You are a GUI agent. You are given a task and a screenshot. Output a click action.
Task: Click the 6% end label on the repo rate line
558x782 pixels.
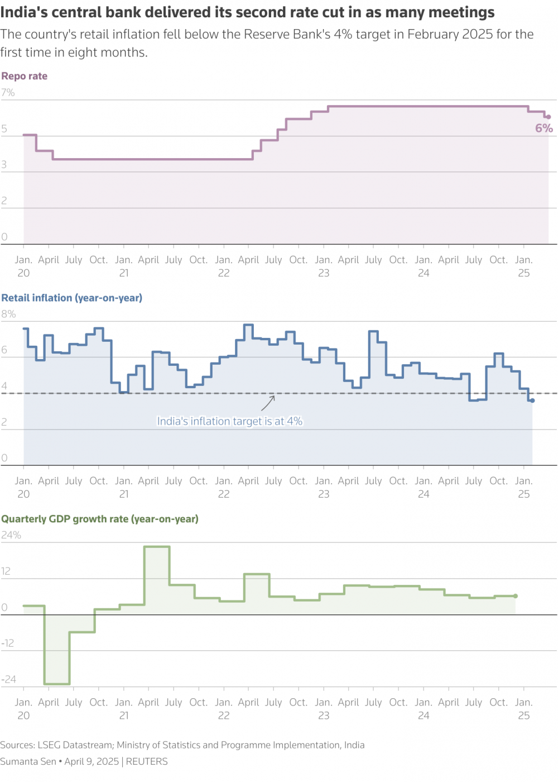[x=544, y=128]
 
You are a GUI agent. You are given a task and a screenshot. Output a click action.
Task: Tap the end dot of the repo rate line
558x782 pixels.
[x=549, y=117]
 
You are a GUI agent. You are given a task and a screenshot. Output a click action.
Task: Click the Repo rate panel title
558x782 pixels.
[x=25, y=77]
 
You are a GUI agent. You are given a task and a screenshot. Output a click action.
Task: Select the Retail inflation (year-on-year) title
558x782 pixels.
[x=72, y=298]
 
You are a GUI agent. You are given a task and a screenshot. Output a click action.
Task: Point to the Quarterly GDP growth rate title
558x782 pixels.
[x=100, y=519]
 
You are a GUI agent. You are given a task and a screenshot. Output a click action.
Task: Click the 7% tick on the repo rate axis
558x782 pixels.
[x=8, y=93]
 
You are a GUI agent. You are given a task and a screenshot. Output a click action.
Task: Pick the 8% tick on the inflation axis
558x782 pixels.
[x=8, y=314]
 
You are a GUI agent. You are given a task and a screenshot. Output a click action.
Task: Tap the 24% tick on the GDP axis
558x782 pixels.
[x=11, y=535]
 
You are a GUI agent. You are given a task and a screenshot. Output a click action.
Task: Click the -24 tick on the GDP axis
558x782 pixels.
[x=9, y=680]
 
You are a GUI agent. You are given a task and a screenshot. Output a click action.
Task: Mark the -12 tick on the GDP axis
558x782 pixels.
[x=8, y=643]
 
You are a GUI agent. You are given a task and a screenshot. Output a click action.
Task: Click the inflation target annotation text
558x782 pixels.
[x=229, y=422]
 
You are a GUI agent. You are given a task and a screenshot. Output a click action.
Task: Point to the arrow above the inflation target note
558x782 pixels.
[x=269, y=403]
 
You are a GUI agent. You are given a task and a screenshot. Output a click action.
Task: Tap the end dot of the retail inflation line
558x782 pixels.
[x=532, y=400]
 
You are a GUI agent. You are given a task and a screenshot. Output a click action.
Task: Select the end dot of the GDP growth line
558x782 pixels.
[x=516, y=596]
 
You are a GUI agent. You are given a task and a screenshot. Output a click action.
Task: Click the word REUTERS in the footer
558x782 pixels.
[x=147, y=762]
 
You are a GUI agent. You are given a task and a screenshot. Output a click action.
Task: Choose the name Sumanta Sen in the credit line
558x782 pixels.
[x=28, y=762]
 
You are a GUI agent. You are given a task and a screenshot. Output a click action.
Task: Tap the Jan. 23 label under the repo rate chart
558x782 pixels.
[x=324, y=266]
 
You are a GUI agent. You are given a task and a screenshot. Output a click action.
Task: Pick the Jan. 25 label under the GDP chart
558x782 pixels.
[x=524, y=709]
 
